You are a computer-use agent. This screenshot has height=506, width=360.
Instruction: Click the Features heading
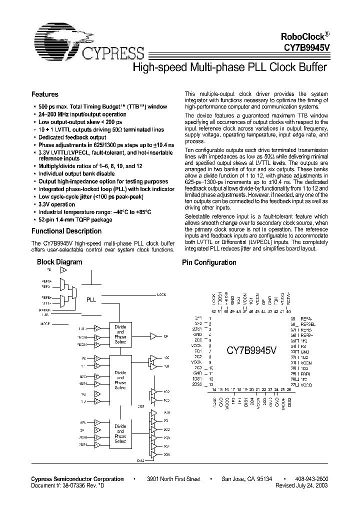[x=45, y=94]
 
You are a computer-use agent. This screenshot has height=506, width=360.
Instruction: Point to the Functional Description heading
[x=66, y=231]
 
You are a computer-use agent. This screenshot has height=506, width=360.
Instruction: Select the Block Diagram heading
[x=59, y=262]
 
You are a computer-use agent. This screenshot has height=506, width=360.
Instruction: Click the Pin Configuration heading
[x=208, y=262]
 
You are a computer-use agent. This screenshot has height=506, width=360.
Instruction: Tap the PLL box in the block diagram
[x=91, y=300]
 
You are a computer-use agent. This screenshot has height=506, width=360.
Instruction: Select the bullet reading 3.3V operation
[x=57, y=204]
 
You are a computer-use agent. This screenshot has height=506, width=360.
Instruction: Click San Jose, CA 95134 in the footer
[x=247, y=479]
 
